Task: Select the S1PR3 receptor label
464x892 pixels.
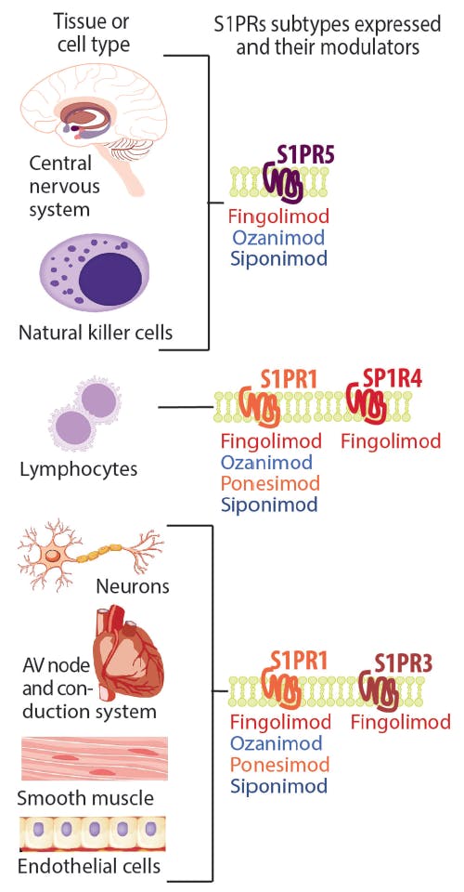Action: (x=406, y=662)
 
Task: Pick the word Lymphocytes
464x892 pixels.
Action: (x=78, y=469)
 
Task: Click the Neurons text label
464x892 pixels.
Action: (x=133, y=587)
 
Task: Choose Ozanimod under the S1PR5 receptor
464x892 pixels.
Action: (x=276, y=237)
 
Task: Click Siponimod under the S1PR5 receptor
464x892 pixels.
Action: (x=276, y=257)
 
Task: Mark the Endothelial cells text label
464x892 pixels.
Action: (x=89, y=866)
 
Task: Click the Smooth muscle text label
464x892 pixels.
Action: (x=85, y=797)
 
